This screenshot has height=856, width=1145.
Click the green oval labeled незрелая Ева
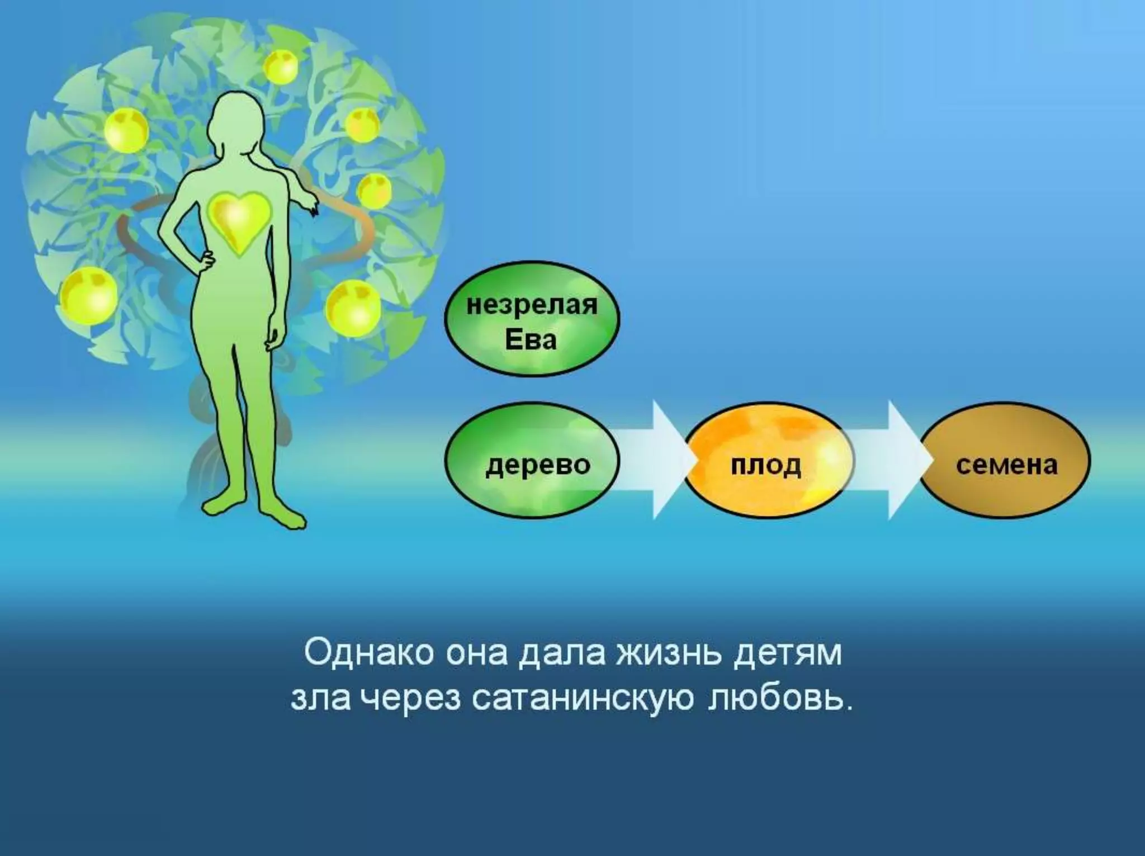532,319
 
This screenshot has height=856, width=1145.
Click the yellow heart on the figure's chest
239,221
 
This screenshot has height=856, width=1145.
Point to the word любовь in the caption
780,699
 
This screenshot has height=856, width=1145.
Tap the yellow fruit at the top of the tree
281,67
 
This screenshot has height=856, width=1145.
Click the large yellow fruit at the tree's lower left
88,295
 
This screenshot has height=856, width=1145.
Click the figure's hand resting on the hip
206,260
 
